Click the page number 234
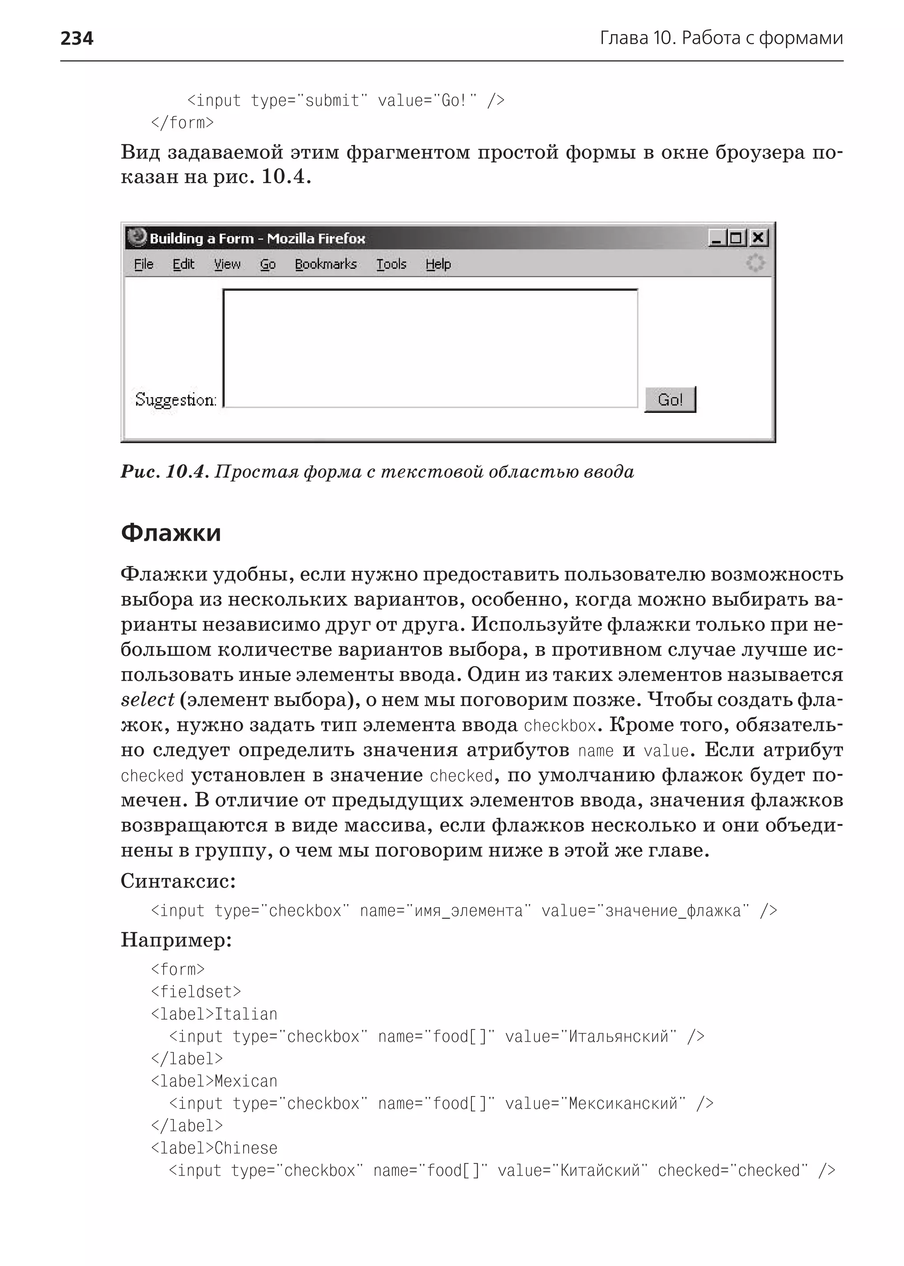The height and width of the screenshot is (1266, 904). [77, 38]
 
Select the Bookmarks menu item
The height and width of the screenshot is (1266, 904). [326, 264]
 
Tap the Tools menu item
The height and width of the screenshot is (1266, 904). [392, 264]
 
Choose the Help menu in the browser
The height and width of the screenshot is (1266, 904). [438, 264]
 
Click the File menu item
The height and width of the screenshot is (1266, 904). [143, 264]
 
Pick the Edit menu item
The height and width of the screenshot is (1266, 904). [183, 264]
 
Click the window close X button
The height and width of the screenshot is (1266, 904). [757, 238]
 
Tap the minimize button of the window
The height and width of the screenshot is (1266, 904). [717, 238]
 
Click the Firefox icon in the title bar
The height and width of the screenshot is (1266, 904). [136, 237]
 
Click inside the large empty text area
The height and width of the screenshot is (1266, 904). [430, 348]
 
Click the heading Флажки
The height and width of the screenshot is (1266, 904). [171, 533]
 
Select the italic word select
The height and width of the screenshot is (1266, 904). [147, 700]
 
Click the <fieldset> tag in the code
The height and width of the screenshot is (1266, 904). [196, 991]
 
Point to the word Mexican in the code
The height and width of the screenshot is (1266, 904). [245, 1081]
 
